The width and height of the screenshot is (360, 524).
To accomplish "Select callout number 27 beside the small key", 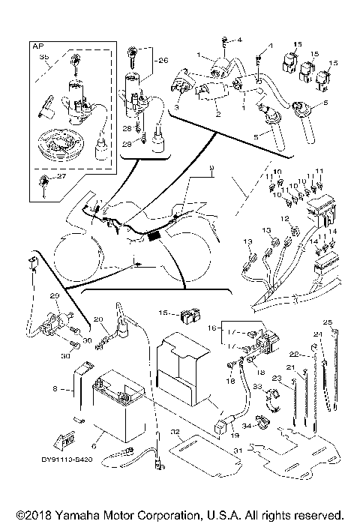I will pos(70,178).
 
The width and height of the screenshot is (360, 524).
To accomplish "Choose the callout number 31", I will pos(239,450).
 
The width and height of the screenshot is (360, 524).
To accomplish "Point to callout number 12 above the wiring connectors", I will pos(284,218).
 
